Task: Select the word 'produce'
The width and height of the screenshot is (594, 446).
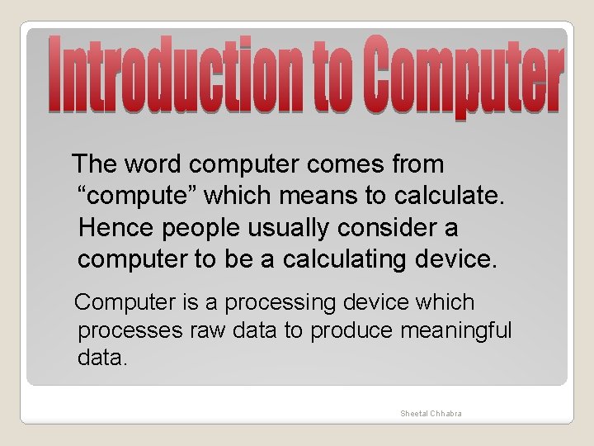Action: (351, 330)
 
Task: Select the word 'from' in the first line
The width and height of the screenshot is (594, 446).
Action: (418, 164)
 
